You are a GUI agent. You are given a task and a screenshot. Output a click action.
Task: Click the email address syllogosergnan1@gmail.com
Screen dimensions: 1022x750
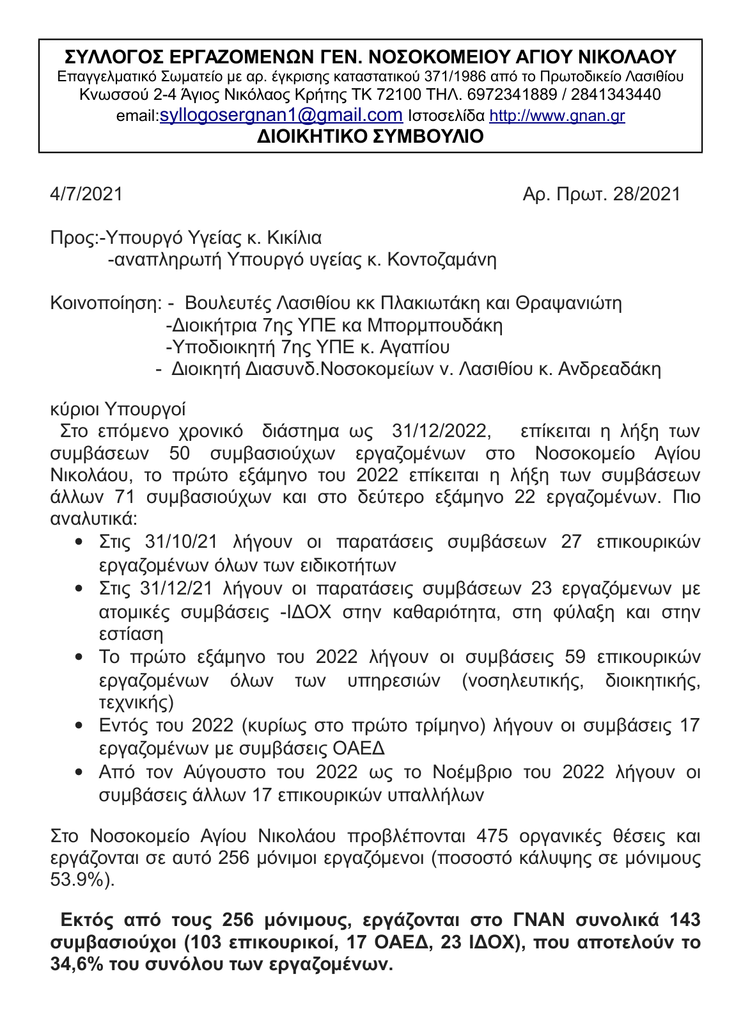[281, 115]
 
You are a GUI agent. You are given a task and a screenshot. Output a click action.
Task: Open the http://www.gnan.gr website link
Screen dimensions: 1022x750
[556, 116]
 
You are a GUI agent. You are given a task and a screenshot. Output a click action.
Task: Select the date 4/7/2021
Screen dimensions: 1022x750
[86, 193]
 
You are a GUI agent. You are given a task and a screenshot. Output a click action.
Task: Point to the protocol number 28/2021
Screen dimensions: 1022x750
[646, 193]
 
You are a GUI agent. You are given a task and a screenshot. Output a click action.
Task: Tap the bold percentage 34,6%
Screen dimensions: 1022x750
[81, 963]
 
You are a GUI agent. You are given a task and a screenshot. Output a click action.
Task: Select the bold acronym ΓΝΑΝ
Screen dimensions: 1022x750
[539, 920]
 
